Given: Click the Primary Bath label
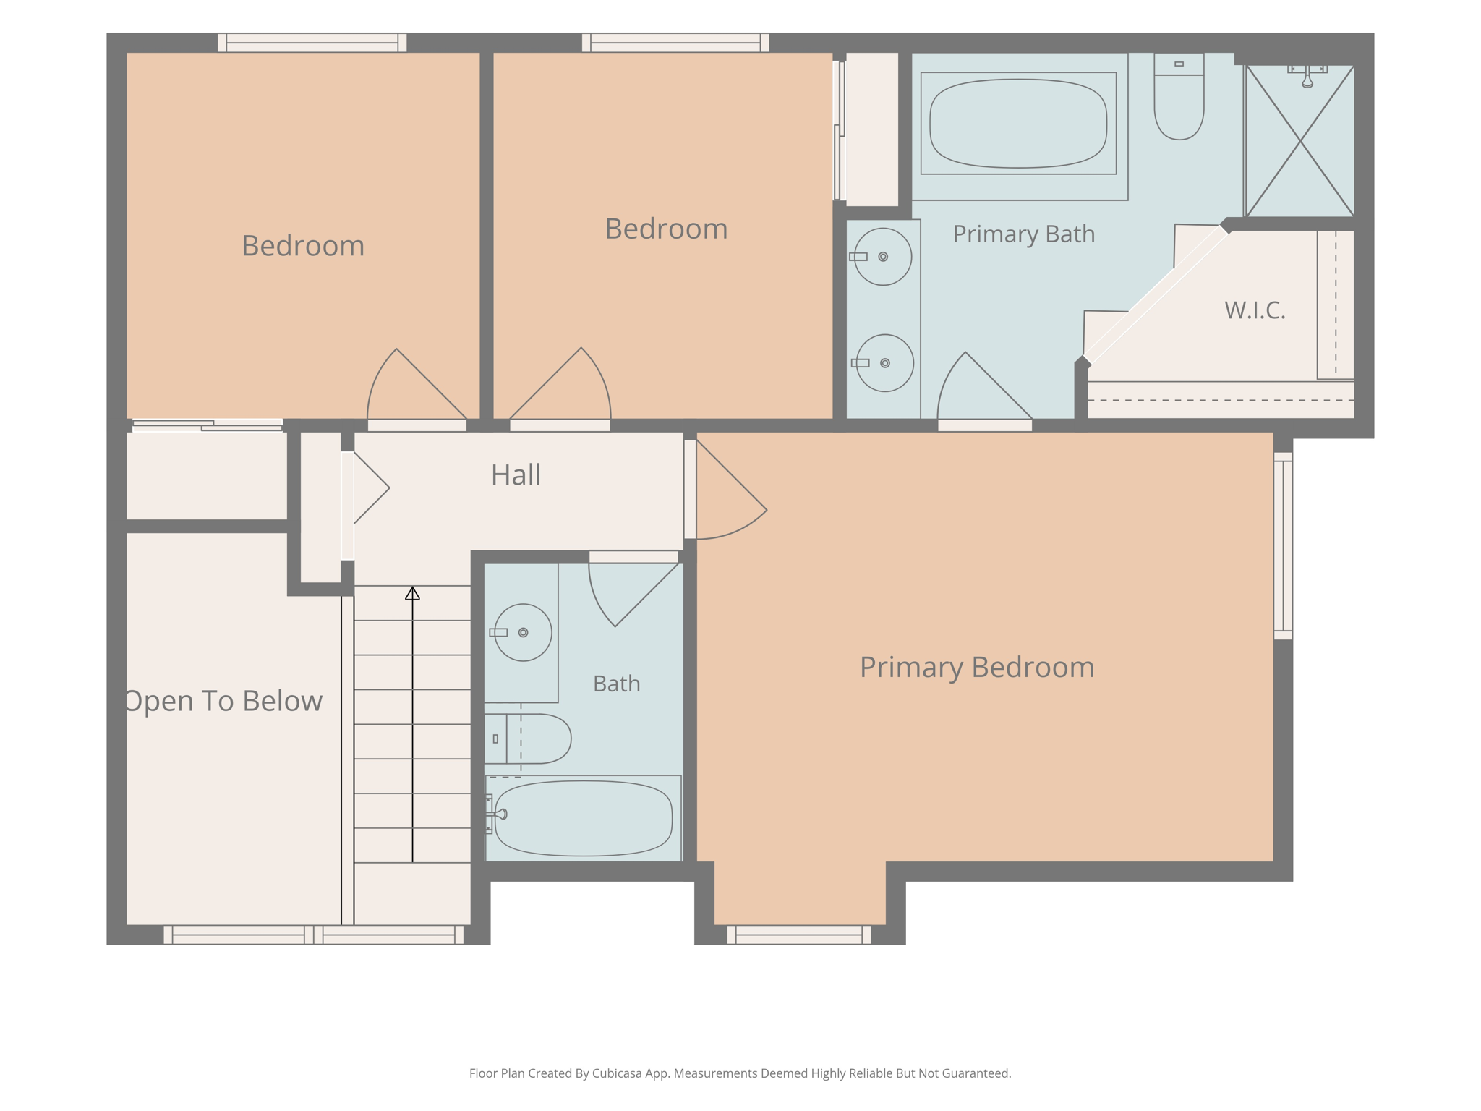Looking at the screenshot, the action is [1023, 234].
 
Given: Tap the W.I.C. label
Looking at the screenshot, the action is [1255, 310].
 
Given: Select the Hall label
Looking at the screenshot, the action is [516, 475].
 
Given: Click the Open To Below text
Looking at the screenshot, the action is [223, 701].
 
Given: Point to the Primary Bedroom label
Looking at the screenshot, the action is [977, 667].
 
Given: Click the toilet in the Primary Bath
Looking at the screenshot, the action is [1179, 96].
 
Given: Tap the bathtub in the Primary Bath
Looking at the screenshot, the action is [1018, 124].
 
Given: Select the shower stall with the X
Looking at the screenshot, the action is [1299, 141].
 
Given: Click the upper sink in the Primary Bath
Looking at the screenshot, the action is [882, 257].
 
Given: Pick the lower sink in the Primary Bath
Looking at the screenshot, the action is [884, 363].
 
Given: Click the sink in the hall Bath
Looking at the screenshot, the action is [523, 633].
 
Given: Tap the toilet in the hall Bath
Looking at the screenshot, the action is [528, 738].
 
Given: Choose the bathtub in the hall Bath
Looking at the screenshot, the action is [583, 818].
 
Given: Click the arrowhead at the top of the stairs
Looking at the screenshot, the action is [412, 593].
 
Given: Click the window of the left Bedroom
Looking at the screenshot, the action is [312, 43].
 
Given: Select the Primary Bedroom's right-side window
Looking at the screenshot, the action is [1283, 546].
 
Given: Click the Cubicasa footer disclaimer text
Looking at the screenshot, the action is [740, 1073].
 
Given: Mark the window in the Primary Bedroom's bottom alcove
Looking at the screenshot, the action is [799, 935].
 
